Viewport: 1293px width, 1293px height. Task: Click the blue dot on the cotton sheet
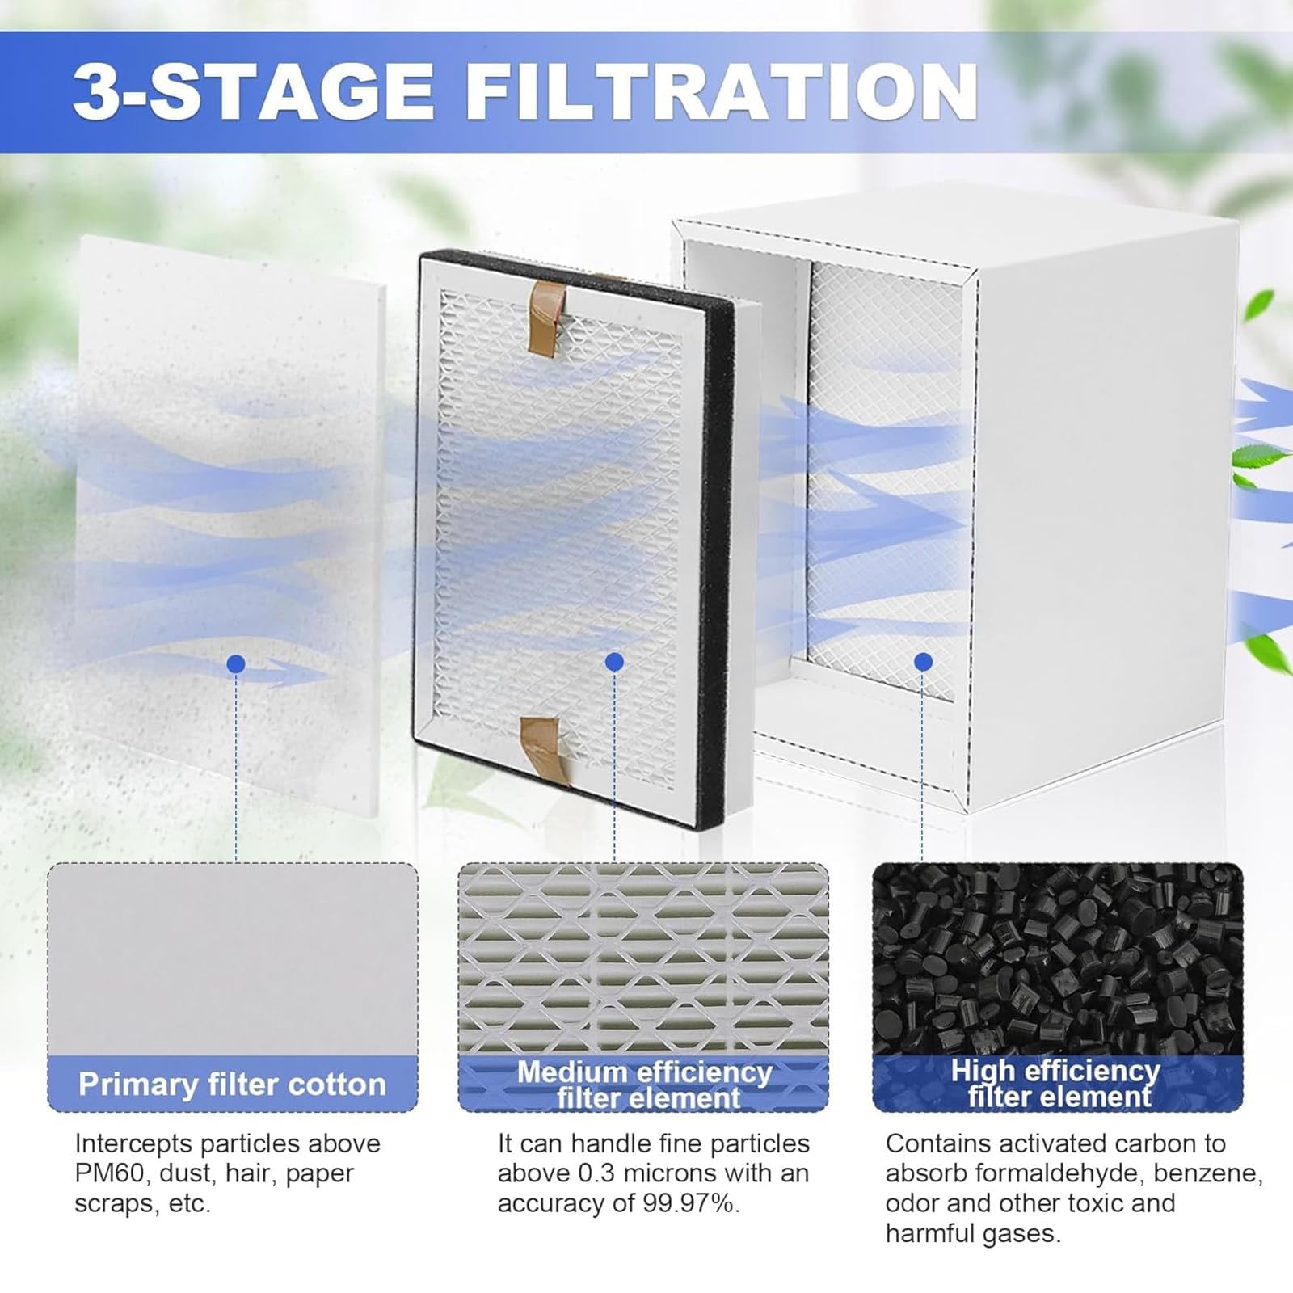click(236, 664)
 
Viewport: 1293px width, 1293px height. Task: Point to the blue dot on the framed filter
click(614, 662)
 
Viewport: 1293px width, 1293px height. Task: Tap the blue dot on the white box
click(924, 663)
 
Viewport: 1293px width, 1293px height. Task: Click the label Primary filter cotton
click(232, 1084)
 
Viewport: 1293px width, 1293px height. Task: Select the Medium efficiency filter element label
click(645, 1085)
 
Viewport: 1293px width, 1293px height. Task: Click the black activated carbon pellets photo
click(1058, 958)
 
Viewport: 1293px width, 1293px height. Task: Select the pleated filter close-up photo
click(644, 958)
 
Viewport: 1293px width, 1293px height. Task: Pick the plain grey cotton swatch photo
click(233, 958)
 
